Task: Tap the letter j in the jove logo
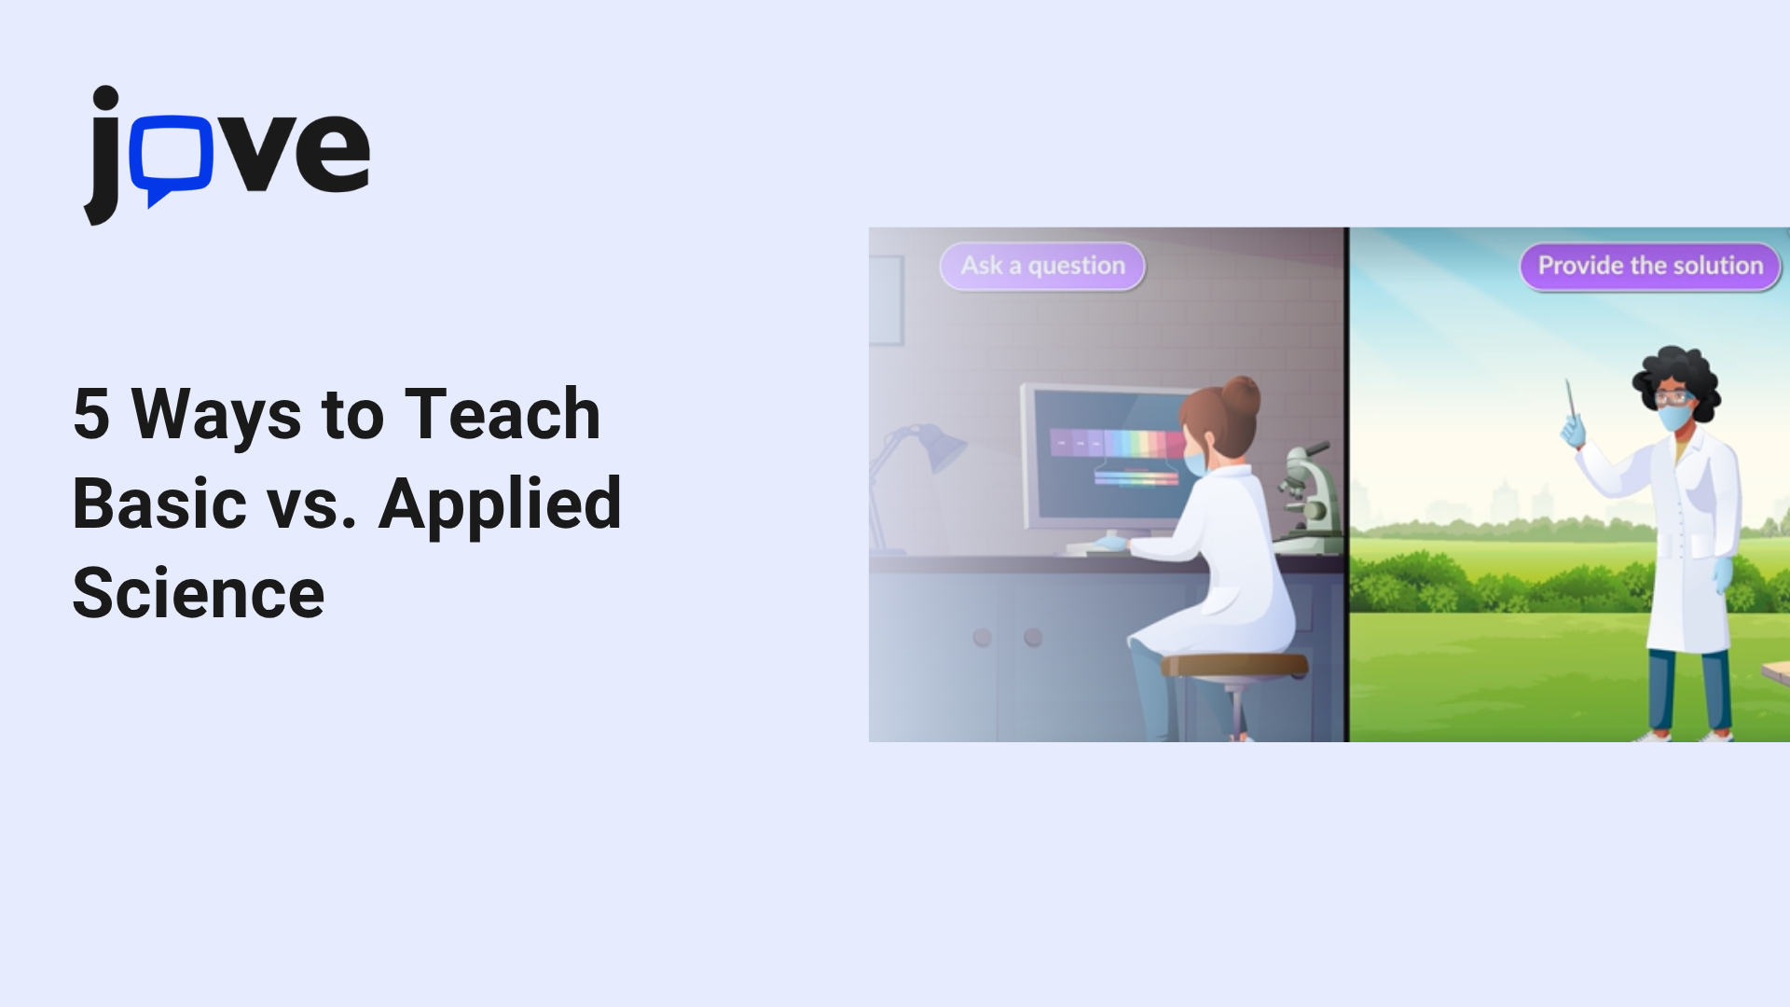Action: click(103, 155)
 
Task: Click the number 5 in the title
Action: click(91, 413)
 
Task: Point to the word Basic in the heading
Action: click(159, 504)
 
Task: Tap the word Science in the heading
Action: click(199, 593)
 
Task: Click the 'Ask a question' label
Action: click(1042, 266)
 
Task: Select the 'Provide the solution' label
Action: click(1650, 266)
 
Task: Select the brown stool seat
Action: click(1234, 665)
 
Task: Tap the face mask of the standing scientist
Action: click(1673, 416)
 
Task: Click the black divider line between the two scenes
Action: click(1347, 485)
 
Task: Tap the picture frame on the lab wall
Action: click(887, 300)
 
